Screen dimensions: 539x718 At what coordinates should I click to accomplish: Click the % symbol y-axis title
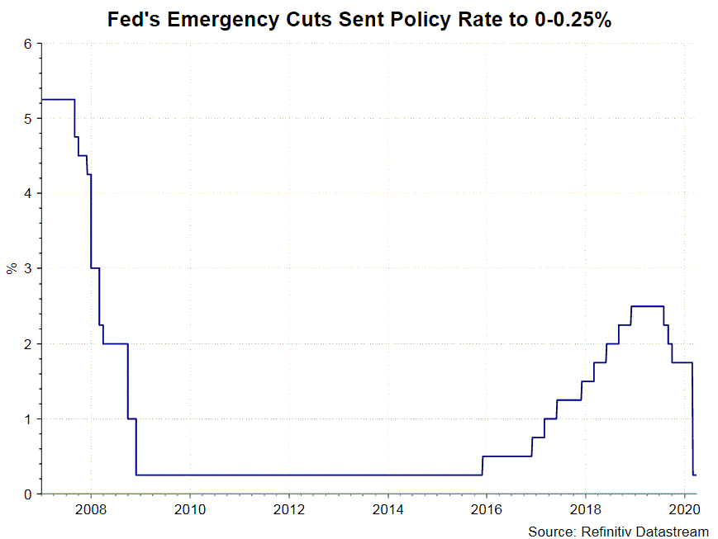tap(12, 268)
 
